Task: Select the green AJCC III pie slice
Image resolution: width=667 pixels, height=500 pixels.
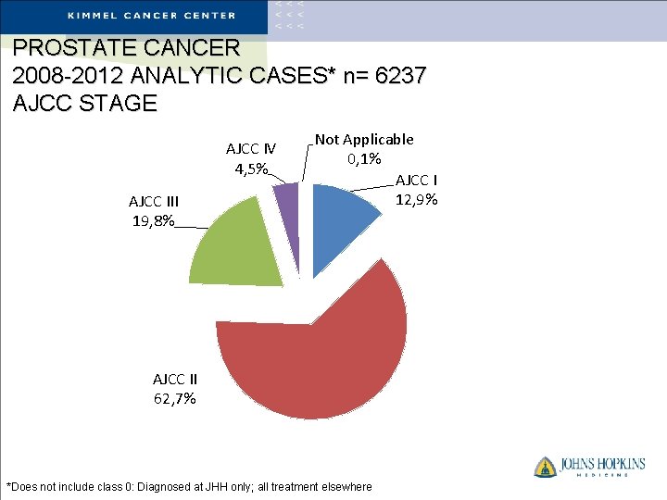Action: pos(236,245)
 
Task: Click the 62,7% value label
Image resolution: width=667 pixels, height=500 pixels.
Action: pos(174,399)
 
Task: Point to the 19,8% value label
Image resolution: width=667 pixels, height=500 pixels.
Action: pos(151,221)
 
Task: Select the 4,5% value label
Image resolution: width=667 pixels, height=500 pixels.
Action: pos(251,169)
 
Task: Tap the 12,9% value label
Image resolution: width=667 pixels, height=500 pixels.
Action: pos(416,199)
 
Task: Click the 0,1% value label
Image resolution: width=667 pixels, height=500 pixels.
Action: pos(364,158)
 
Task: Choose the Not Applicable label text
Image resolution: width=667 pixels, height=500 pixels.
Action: pos(364,139)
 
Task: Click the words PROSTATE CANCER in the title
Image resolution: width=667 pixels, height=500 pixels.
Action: pos(127,47)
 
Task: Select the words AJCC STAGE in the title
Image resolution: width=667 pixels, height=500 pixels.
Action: pos(85,103)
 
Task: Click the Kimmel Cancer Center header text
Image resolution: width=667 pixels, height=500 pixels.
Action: pos(152,16)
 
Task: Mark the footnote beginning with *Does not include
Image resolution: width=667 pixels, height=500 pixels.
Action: pos(189,487)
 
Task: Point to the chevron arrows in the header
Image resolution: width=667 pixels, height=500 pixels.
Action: pos(287,16)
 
